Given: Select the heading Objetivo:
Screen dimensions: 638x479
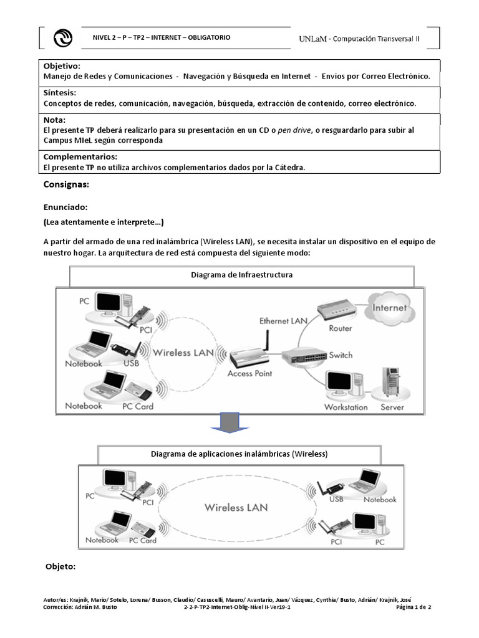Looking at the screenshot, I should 62,66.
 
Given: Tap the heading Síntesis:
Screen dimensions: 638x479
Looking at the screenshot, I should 60,93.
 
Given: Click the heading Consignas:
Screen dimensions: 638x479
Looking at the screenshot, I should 66,185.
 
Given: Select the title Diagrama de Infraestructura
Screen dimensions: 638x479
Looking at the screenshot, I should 240,275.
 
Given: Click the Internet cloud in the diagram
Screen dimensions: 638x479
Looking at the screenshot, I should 389,307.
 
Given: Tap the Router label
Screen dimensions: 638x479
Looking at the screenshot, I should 340,328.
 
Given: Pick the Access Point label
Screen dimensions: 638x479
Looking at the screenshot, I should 249,374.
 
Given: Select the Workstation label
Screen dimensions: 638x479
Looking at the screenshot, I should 346,407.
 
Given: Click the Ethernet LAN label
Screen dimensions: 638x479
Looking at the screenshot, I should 283,321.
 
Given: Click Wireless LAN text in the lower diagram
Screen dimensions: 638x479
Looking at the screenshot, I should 236,507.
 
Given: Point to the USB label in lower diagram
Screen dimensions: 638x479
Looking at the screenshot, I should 336,499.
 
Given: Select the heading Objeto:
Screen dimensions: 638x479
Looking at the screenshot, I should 61,566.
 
